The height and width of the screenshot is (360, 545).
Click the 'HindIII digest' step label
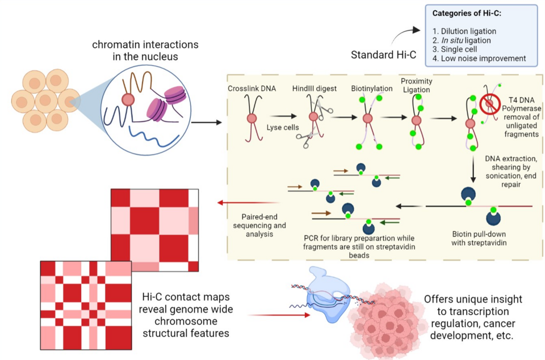pos(315,89)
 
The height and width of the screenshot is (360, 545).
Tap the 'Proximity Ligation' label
pos(416,86)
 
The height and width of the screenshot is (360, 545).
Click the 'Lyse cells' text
pos(282,127)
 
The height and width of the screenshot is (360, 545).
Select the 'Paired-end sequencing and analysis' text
pos(255,225)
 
